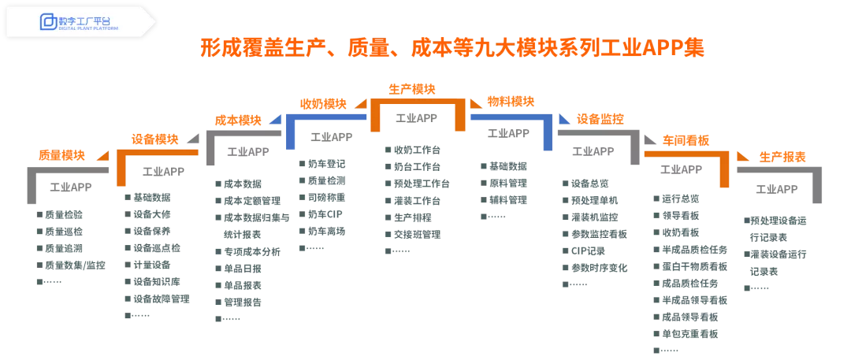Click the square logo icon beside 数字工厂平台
coord(48,21)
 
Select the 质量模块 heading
coord(61,154)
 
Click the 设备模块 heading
coord(154,139)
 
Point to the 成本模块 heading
coord(237,120)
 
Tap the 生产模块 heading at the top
coord(411,88)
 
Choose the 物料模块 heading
coord(511,101)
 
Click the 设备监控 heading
coord(600,119)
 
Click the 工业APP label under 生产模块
coord(416,118)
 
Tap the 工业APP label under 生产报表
coord(777,189)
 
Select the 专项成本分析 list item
coord(252,251)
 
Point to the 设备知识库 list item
coord(156,281)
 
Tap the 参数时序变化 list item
coord(599,268)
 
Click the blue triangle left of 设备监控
coord(564,119)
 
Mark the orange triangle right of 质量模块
coord(102,156)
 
